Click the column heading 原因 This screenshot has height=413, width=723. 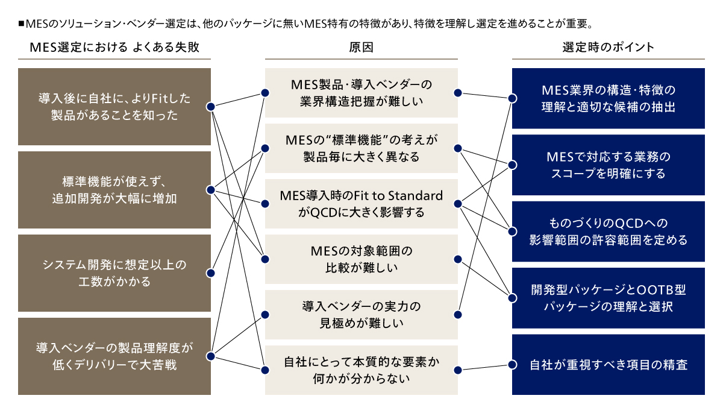361,48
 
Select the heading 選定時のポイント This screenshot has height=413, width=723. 608,48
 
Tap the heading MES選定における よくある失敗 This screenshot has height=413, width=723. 114,48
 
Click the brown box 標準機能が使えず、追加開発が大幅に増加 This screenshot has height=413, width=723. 114,190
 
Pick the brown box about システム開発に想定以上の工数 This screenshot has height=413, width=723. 114,273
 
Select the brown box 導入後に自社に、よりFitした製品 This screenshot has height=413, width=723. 114,107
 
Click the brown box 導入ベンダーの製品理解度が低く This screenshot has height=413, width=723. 114,356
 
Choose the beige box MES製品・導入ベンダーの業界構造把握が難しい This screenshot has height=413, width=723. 361,93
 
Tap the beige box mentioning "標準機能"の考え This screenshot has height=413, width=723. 361,148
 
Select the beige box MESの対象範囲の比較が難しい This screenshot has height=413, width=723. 361,259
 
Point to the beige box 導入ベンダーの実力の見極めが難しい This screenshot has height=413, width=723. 361,315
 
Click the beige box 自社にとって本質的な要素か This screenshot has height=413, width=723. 361,370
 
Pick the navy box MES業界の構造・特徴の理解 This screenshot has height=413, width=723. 608,99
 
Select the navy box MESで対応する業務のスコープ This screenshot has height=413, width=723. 608,165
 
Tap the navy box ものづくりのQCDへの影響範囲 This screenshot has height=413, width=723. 608,232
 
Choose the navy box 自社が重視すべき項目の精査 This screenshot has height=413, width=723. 608,365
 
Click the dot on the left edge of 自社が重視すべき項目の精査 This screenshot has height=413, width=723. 513,365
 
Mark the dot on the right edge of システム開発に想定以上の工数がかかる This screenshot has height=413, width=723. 210,273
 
